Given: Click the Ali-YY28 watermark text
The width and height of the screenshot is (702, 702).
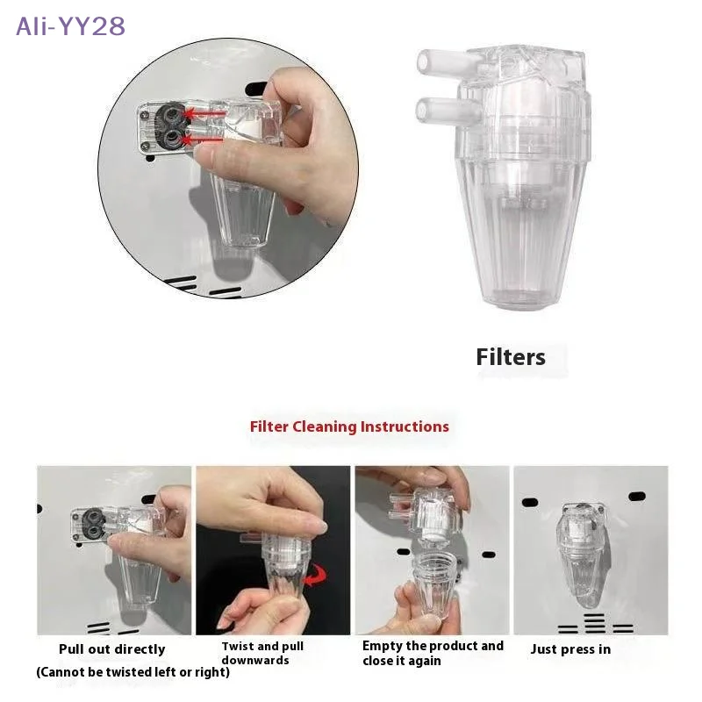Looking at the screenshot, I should click(71, 26).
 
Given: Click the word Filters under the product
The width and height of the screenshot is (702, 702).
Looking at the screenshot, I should click(511, 357).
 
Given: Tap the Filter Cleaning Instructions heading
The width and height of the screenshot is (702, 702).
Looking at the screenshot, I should click(349, 426).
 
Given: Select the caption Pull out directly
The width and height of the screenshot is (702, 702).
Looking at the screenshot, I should click(111, 649).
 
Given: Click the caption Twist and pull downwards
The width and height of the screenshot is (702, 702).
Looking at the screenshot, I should click(262, 653).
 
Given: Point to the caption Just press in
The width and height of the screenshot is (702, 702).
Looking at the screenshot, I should click(570, 649).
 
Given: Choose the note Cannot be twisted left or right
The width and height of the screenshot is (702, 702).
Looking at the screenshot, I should click(133, 672).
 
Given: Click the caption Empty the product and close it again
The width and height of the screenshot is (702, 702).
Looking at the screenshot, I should click(433, 653).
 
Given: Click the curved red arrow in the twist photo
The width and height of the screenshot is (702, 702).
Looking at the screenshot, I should click(313, 576).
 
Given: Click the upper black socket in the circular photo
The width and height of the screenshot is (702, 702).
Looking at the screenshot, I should click(172, 113).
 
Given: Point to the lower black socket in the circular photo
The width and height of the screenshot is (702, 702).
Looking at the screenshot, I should click(172, 138).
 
